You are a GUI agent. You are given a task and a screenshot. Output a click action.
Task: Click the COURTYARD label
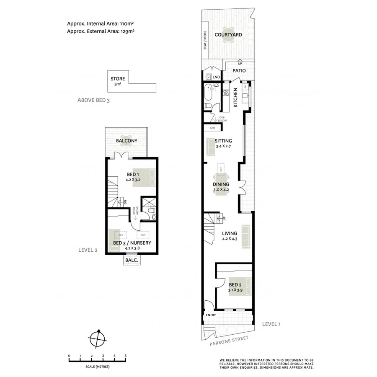(x=228, y=35)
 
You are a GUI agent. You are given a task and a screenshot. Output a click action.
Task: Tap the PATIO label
(x=239, y=71)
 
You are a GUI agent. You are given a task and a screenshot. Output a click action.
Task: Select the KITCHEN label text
(x=236, y=98)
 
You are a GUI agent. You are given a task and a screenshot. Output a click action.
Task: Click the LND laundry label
(x=216, y=77)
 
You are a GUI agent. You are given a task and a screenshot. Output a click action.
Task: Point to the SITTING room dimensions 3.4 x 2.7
(x=224, y=147)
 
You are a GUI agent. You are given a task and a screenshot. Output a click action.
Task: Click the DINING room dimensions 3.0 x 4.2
(x=221, y=190)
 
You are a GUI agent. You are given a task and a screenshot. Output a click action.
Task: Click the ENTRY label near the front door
(x=210, y=315)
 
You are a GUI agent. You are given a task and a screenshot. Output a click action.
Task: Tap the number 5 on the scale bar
(x=126, y=356)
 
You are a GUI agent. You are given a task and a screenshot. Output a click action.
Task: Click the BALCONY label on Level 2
(x=127, y=141)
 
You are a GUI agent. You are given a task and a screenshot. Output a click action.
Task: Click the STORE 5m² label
(x=117, y=80)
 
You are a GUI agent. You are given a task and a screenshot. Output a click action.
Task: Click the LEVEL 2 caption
(x=88, y=250)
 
